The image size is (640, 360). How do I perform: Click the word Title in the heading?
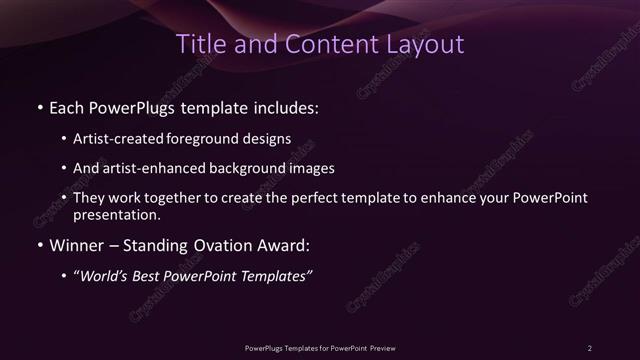pyautogui.click(x=200, y=45)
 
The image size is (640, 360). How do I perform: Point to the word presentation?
pyautogui.click(x=115, y=214)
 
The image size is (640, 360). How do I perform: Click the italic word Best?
pyautogui.click(x=151, y=276)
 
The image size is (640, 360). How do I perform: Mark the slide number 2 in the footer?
pyautogui.click(x=590, y=347)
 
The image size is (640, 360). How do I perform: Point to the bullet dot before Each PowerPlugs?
pyautogui.click(x=39, y=107)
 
